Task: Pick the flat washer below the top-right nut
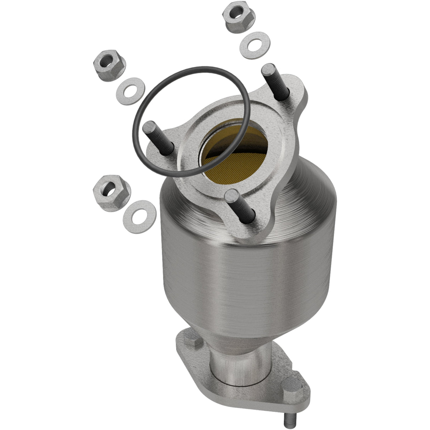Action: click(255, 45)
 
